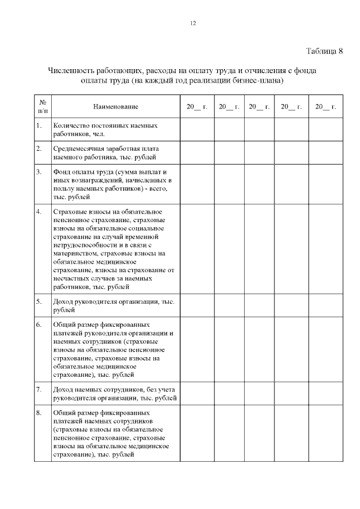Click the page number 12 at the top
point(193,22)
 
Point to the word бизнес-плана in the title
point(259,80)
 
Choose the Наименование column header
point(115,106)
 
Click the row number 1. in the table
point(39,125)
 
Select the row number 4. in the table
point(39,211)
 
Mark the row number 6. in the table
point(39,325)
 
